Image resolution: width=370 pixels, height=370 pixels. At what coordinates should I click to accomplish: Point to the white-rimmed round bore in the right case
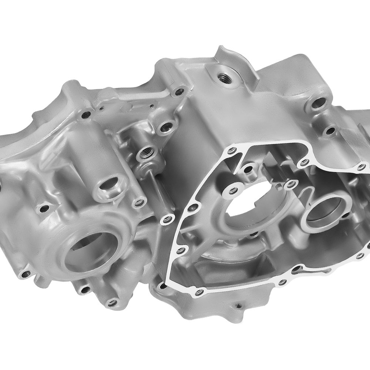(x=326, y=211)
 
